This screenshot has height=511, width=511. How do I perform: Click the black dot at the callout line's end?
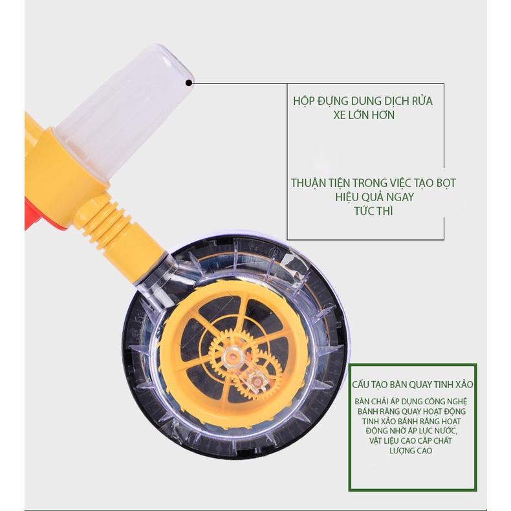(189, 83)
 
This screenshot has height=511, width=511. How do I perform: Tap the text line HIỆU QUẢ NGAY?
(374, 197)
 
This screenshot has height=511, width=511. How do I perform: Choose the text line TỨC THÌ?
(373, 211)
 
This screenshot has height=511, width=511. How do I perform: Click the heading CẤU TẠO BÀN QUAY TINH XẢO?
(412, 385)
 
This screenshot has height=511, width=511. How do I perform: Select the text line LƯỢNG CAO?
(411, 451)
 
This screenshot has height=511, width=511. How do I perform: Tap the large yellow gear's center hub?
(233, 356)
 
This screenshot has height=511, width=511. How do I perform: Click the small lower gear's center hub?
(258, 381)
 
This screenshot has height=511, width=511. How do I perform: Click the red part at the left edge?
(33, 215)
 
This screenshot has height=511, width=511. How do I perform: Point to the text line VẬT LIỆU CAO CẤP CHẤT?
(411, 441)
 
